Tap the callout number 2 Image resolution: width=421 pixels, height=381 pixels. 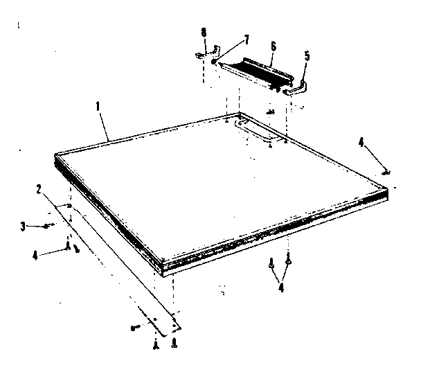[39, 188]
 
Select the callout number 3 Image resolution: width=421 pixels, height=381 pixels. [23, 225]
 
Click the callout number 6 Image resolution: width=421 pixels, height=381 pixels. [273, 45]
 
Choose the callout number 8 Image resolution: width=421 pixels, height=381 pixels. [203, 32]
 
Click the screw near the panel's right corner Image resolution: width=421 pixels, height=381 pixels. [384, 172]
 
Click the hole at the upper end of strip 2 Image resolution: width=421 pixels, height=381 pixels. [72, 206]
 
